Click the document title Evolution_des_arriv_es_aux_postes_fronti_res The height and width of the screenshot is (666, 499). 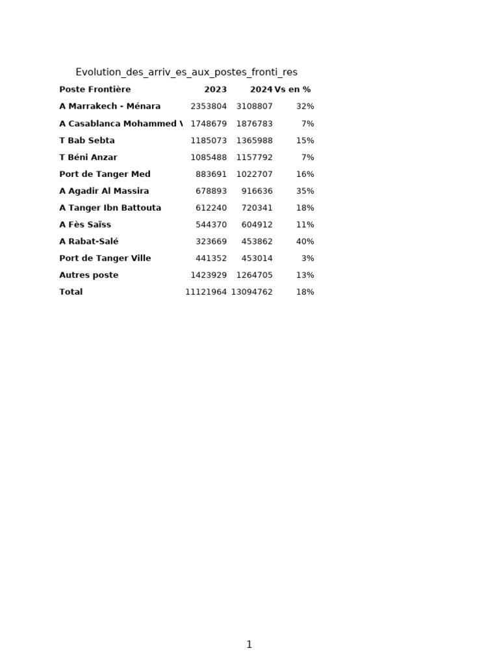tap(186, 72)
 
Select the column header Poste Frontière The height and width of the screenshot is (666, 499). tap(95, 90)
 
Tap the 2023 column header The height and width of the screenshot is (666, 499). tap(215, 90)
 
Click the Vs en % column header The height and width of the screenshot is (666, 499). tap(292, 90)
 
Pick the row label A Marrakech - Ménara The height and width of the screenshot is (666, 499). tap(110, 107)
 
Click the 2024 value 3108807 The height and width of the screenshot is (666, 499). tap(254, 107)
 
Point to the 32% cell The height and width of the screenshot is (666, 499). tap(305, 107)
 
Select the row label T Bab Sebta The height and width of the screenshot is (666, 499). tap(87, 140)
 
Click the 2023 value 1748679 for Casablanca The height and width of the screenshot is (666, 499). tap(209, 124)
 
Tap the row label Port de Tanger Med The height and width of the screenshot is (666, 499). tap(105, 174)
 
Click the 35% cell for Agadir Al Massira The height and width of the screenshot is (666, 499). tap(305, 191)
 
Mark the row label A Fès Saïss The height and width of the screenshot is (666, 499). tap(85, 225)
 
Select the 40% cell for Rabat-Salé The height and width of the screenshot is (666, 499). tap(305, 242)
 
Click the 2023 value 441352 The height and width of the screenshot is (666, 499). tap(211, 258)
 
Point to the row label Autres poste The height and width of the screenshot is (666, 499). tap(89, 275)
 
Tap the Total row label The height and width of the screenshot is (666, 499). tap(71, 292)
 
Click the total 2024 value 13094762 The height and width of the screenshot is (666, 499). tap(251, 292)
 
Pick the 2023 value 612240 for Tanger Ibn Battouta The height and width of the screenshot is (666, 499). tap(211, 208)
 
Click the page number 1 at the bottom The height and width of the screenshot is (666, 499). tap(249, 645)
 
